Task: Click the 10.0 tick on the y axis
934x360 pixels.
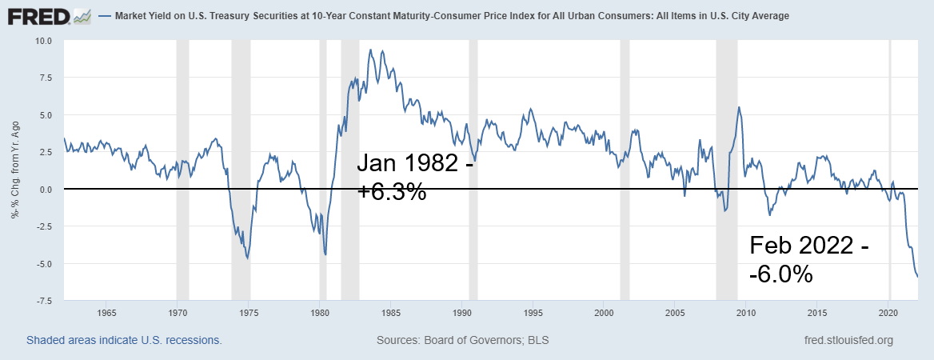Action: pos(42,41)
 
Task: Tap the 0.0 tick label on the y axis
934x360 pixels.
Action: pos(45,190)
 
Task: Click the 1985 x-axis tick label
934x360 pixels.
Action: pos(391,312)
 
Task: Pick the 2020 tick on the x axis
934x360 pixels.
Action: pos(889,312)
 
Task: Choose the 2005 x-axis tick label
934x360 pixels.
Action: pos(676,312)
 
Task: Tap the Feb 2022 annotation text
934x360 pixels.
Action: pos(808,246)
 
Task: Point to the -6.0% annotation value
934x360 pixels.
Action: pos(781,274)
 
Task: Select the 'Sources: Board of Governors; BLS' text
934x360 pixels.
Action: pos(462,340)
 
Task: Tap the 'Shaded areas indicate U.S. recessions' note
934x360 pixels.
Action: pos(124,340)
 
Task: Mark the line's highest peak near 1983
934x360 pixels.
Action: pos(369,50)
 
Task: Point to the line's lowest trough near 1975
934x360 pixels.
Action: pos(248,258)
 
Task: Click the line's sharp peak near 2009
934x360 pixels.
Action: pos(738,107)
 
